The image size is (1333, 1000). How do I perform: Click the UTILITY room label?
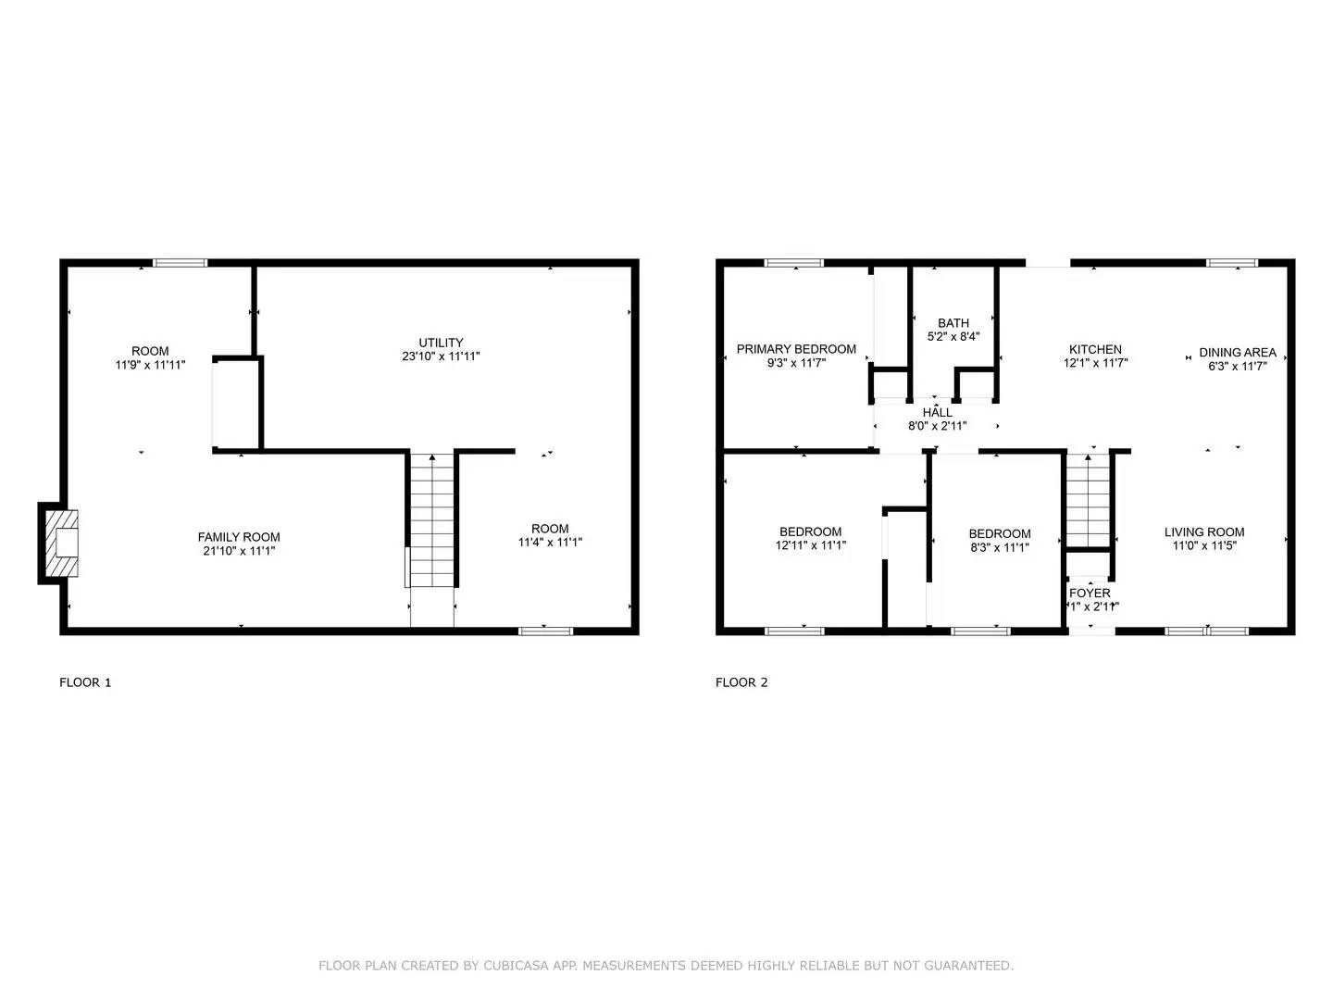coord(441,343)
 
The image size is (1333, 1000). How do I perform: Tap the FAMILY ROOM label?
coord(239,537)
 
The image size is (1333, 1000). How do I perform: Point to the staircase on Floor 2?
coord(1089,501)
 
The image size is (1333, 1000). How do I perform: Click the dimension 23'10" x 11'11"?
coord(441,356)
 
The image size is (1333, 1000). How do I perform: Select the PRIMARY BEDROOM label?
coord(796,349)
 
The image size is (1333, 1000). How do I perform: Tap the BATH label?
coord(953,323)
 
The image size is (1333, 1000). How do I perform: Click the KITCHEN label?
coord(1095,349)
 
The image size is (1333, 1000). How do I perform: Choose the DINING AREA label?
coord(1238,352)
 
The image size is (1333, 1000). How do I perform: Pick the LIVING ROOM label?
coord(1204,531)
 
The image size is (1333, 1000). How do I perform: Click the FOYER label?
coord(1090,594)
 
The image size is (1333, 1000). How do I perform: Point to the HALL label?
coord(937,412)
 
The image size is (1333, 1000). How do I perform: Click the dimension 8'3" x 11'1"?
coord(1000,547)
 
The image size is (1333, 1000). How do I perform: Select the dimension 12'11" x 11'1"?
coord(811,545)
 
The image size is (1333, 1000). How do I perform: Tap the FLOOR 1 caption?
coord(85,682)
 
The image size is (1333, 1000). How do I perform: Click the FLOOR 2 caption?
coord(741,682)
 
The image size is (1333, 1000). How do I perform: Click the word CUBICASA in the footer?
coord(519,966)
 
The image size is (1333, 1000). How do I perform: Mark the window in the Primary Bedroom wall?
coord(794,263)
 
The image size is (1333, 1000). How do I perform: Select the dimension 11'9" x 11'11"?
coord(150,365)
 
